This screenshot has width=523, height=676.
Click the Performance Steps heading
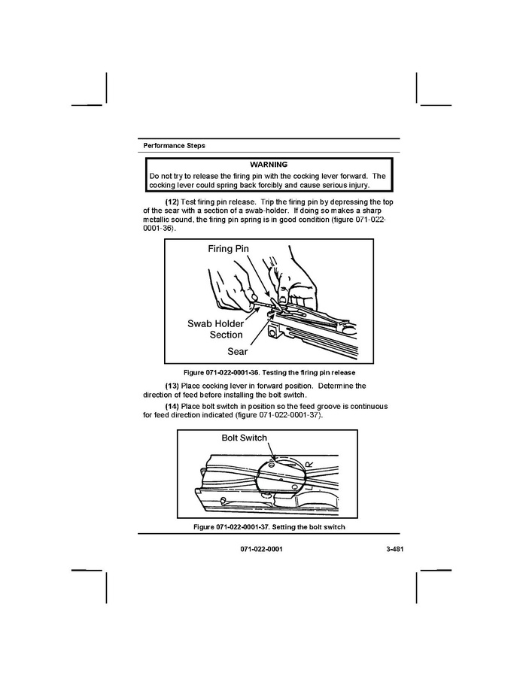[x=174, y=145]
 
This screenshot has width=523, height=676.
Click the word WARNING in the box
[x=269, y=164]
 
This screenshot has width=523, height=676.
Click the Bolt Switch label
[x=244, y=438]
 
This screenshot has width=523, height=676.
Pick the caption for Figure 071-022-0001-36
[x=269, y=373]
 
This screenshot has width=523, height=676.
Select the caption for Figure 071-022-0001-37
[x=269, y=527]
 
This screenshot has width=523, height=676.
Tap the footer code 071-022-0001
[x=262, y=550]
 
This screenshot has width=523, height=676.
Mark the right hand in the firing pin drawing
[x=297, y=278]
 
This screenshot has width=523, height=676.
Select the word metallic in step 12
[x=160, y=220]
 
